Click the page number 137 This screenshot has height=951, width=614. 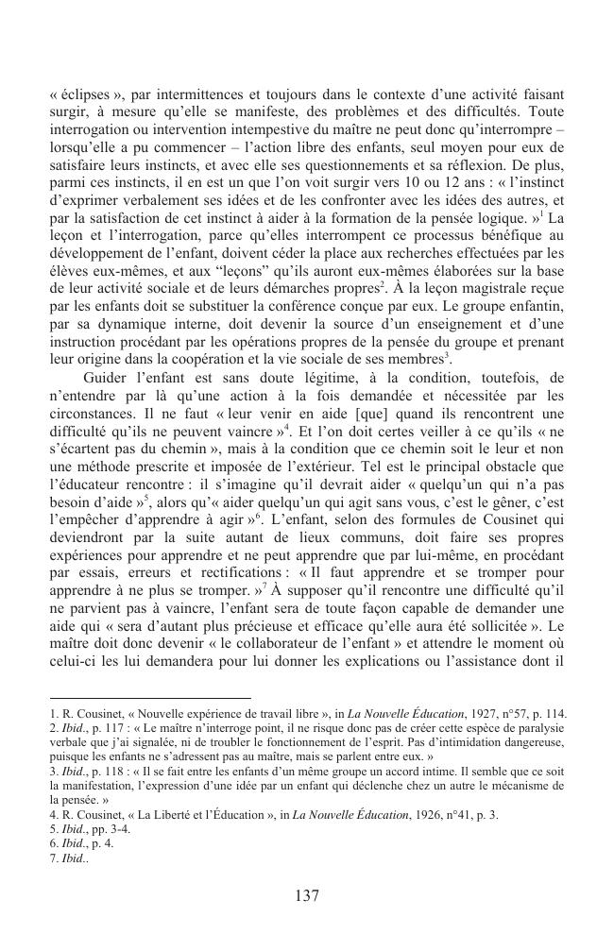(x=307, y=896)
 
